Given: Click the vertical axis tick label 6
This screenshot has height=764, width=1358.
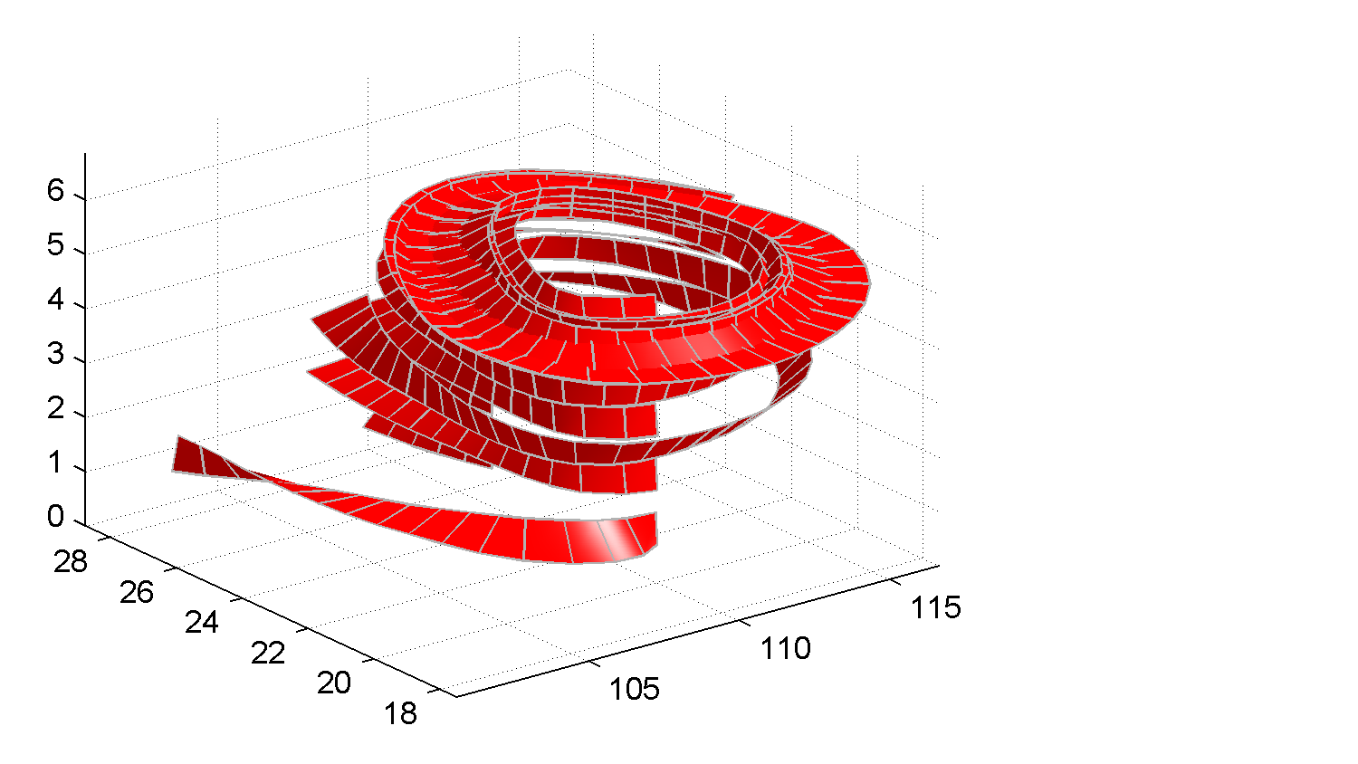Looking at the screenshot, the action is [x=55, y=191].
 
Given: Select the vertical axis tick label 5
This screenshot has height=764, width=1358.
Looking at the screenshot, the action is [x=55, y=245].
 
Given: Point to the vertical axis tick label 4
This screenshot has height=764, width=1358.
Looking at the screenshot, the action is [x=55, y=300].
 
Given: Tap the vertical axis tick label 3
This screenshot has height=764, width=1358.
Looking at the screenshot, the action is [x=55, y=354].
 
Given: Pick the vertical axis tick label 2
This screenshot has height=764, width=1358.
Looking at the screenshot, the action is [x=55, y=408].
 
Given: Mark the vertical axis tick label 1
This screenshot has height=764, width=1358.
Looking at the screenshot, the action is [x=55, y=463].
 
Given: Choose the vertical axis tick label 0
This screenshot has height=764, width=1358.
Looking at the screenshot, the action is [x=55, y=517].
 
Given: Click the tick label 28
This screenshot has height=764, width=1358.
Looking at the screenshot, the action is [x=71, y=562].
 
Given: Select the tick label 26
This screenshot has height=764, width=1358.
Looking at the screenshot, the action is [x=137, y=592].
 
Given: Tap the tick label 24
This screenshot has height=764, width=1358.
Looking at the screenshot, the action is [x=201, y=623].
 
